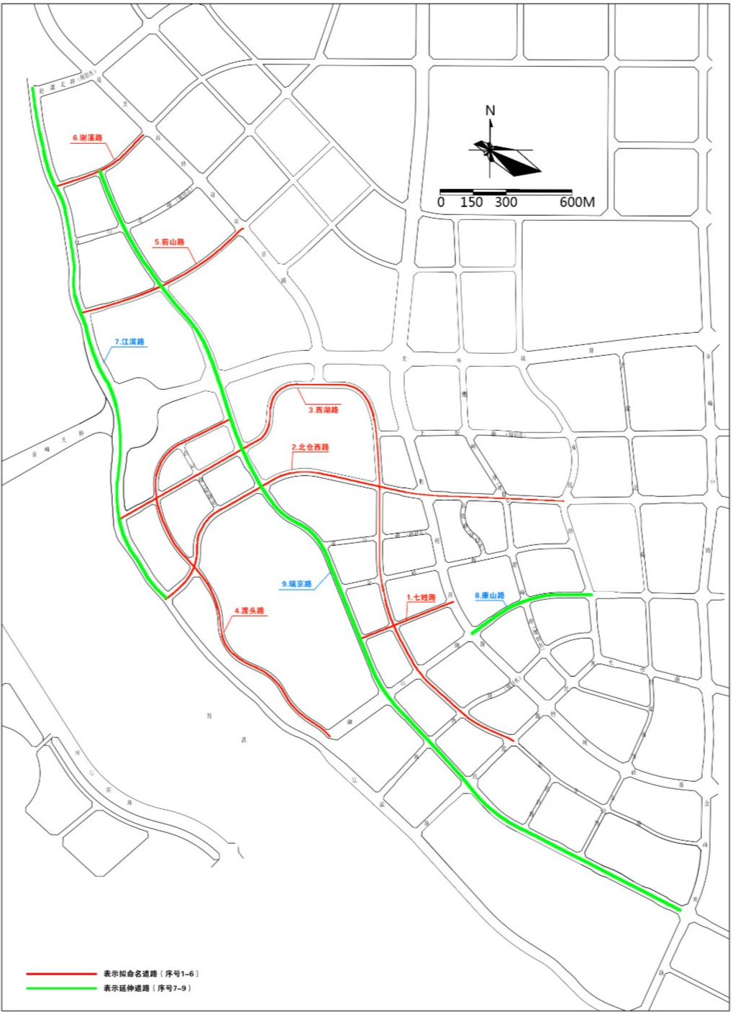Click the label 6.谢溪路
click(88, 138)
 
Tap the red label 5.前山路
click(170, 242)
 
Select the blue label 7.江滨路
click(129, 342)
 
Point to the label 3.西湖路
click(324, 410)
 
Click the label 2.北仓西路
click(310, 447)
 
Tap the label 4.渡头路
click(249, 611)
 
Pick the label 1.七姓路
click(422, 598)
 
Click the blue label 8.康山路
click(489, 596)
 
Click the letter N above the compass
click(491, 111)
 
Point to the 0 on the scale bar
click(441, 202)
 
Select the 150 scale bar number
click(471, 202)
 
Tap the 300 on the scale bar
click(506, 202)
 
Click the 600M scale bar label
click(577, 202)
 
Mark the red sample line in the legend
click(61, 974)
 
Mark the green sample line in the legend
click(61, 988)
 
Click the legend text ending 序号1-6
click(151, 974)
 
